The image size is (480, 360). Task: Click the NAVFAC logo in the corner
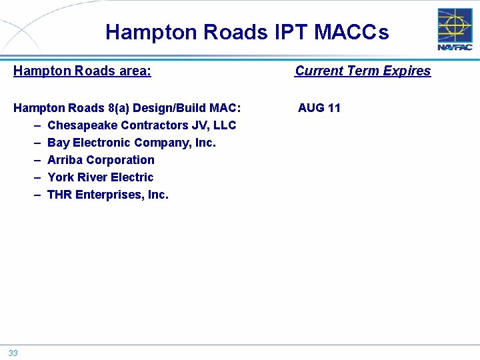(x=455, y=30)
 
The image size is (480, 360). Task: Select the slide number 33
(x=13, y=353)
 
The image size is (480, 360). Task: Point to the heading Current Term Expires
(x=363, y=71)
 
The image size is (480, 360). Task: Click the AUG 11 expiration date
(x=319, y=108)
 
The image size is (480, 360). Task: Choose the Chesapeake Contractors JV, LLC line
(x=141, y=125)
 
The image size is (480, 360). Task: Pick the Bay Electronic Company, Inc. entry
(x=131, y=143)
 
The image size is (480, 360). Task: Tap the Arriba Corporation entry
(x=101, y=160)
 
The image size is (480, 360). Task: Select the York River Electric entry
(x=100, y=177)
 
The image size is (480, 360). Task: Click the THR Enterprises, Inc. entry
(x=108, y=195)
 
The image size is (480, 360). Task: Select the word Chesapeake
(x=83, y=125)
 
